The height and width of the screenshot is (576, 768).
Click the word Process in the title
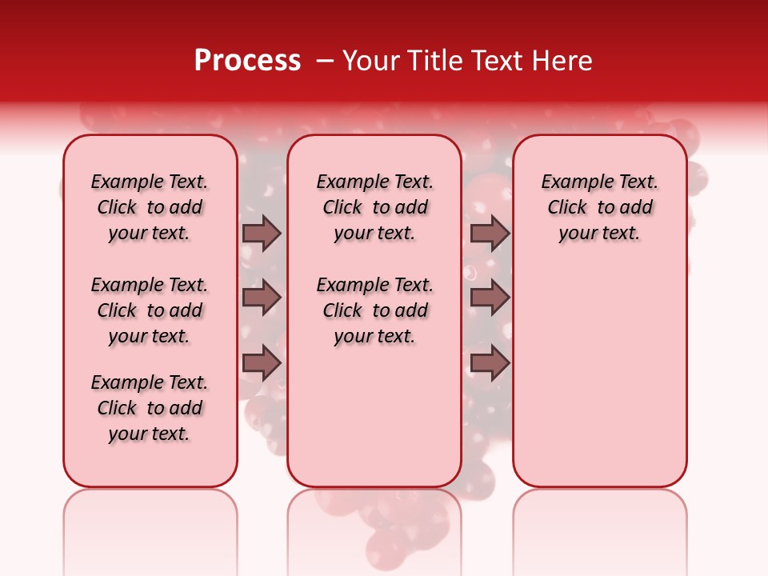click(247, 61)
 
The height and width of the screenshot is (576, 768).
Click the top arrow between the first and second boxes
click(262, 233)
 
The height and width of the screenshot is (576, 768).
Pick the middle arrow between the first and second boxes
click(262, 298)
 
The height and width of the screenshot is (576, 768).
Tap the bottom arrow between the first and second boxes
click(262, 363)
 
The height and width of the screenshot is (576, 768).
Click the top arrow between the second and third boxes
click(490, 233)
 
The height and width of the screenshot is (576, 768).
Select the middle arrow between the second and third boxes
click(490, 298)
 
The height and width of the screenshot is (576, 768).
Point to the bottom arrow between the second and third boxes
click(490, 363)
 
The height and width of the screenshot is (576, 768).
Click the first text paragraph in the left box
click(150, 207)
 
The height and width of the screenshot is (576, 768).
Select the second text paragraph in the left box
click(150, 310)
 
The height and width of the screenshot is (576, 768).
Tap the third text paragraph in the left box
click(150, 408)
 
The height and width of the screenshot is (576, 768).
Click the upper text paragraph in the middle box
click(374, 207)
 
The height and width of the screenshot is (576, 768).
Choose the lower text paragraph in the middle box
click(374, 310)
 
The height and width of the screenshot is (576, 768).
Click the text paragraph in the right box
click(599, 207)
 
